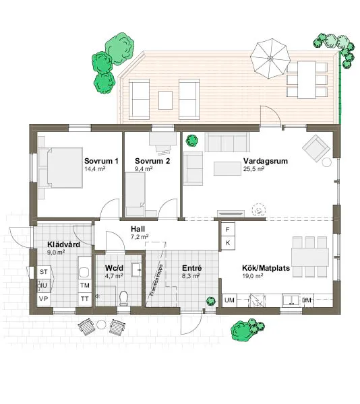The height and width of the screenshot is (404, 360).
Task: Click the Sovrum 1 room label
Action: tap(101, 162)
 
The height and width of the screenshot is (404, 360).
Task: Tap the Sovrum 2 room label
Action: tap(152, 162)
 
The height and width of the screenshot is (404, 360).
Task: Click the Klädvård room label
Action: tap(63, 244)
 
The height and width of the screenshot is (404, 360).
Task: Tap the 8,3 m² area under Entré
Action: tap(191, 275)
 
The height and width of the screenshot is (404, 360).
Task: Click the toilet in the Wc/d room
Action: tap(123, 297)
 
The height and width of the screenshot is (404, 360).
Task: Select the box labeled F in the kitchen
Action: tap(228, 229)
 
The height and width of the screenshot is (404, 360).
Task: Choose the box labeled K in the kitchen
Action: tap(228, 242)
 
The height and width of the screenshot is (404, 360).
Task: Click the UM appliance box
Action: tap(229, 300)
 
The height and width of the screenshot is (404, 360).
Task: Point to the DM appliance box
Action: tap(307, 300)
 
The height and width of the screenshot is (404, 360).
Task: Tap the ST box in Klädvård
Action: tap(44, 271)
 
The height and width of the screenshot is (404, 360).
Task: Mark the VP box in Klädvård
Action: tap(44, 298)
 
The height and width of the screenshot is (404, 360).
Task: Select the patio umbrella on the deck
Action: tap(270, 57)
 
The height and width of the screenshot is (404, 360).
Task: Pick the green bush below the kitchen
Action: tap(243, 330)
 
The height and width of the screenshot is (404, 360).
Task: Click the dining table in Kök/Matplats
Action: tap(310, 257)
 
